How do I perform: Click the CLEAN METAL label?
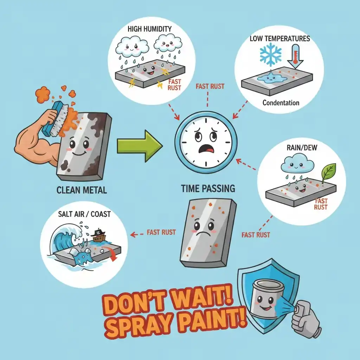82,191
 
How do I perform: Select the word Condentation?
281,103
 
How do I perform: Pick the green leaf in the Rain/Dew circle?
329,172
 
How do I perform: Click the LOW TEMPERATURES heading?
280,38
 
